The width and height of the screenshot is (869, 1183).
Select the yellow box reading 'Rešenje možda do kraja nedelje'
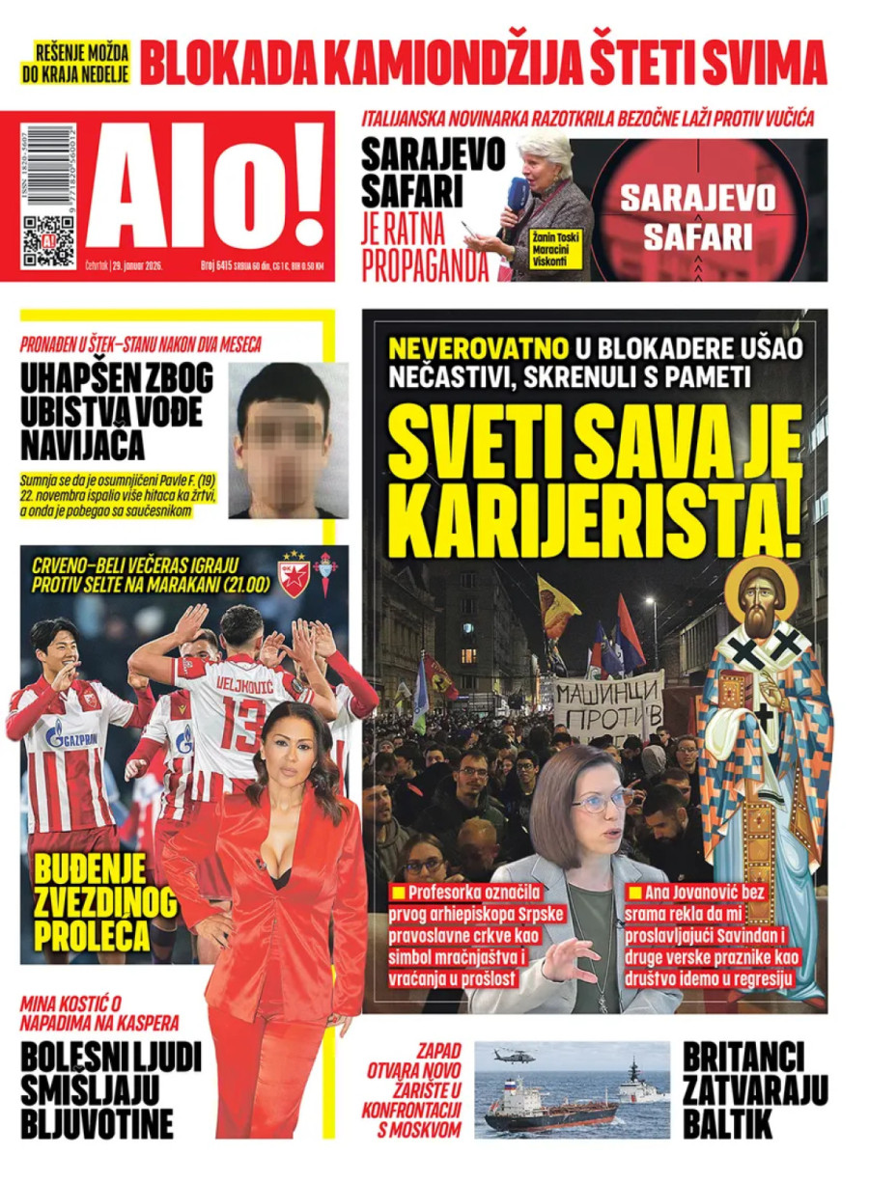pyautogui.click(x=81, y=62)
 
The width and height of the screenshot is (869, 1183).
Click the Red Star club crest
pyautogui.click(x=293, y=576)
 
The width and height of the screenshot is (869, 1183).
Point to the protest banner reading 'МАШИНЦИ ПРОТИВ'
pyautogui.click(x=608, y=704)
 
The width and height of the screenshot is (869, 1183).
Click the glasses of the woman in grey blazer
pyautogui.click(x=603, y=800)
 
